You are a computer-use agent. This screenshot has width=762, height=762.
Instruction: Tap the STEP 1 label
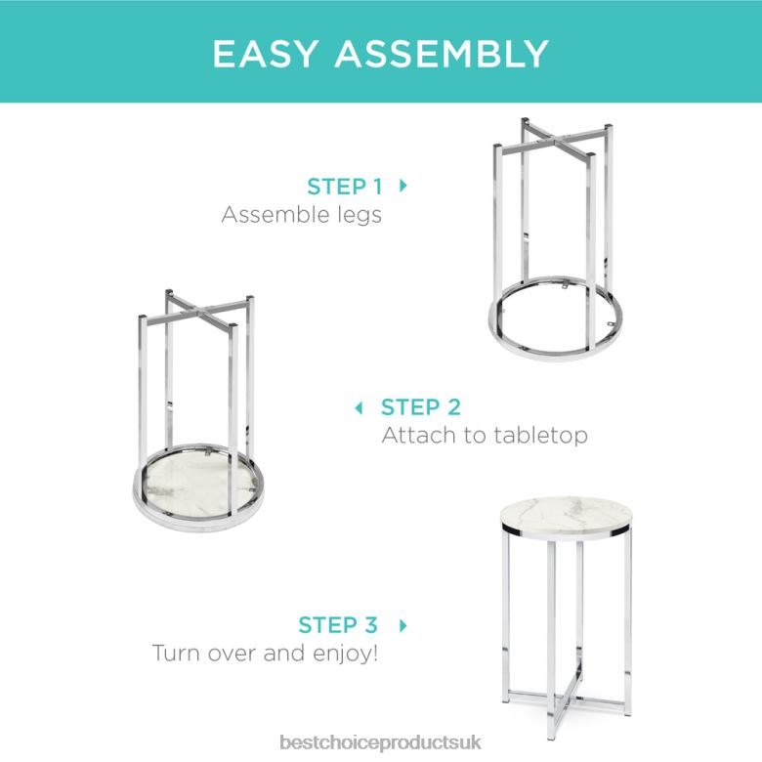coord(344,186)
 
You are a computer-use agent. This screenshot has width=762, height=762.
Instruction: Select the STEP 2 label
coord(421,406)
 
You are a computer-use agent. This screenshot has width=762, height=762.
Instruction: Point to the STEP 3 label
coord(338,624)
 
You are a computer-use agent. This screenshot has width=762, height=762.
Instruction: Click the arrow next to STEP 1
coord(403,185)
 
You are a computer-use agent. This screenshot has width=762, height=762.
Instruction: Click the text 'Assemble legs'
coord(301,214)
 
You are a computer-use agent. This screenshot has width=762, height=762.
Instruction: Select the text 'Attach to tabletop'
coord(485,435)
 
